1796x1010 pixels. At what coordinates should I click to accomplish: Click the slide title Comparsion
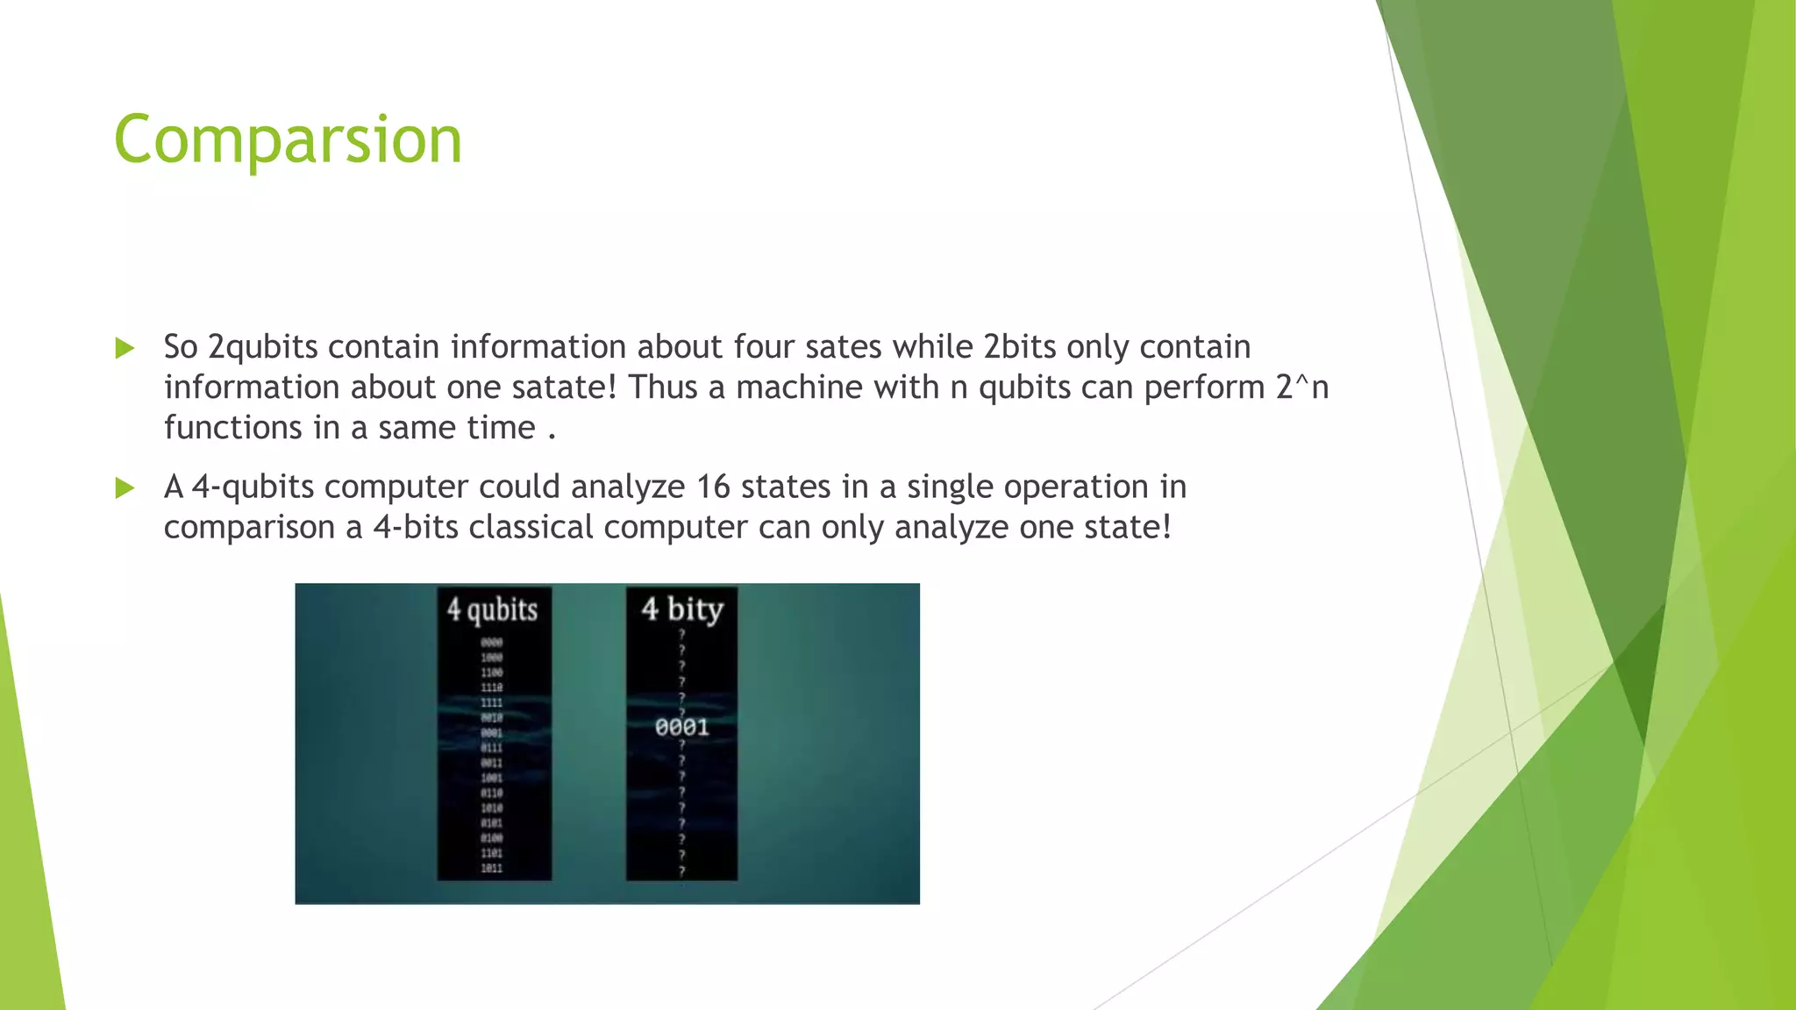[288, 140]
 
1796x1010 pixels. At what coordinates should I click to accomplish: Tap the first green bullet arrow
[125, 348]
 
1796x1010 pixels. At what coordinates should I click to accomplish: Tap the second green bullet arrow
[125, 487]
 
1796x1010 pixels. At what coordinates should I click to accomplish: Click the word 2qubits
[262, 347]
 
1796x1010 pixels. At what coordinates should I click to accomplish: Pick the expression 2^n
[1302, 388]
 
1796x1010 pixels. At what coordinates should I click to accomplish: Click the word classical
[531, 528]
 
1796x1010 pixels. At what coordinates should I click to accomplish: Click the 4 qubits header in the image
[492, 609]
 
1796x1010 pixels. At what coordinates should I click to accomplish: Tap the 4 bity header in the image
[682, 608]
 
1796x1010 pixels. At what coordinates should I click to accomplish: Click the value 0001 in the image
[681, 727]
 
